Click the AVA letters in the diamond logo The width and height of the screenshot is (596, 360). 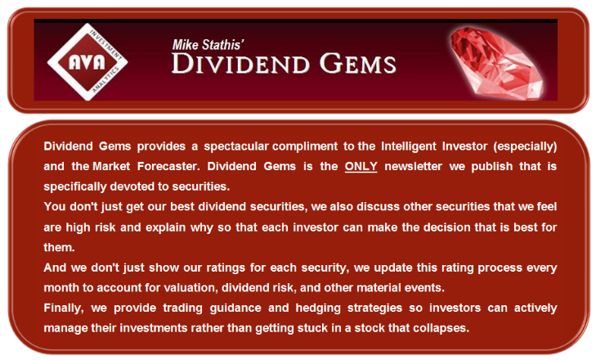tap(87, 62)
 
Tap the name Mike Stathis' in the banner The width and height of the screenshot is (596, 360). tap(208, 45)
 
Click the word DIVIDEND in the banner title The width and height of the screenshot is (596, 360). tap(240, 63)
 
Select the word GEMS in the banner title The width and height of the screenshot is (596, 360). tap(357, 63)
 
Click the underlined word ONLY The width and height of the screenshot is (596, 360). tap(361, 166)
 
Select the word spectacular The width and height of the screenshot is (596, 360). tap(236, 146)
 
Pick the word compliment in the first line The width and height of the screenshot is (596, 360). tap(305, 146)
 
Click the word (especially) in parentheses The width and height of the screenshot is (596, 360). tap(525, 146)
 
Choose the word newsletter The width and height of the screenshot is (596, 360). tap(414, 167)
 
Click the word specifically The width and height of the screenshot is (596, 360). tap(75, 187)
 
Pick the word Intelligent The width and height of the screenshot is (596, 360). tap(409, 146)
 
